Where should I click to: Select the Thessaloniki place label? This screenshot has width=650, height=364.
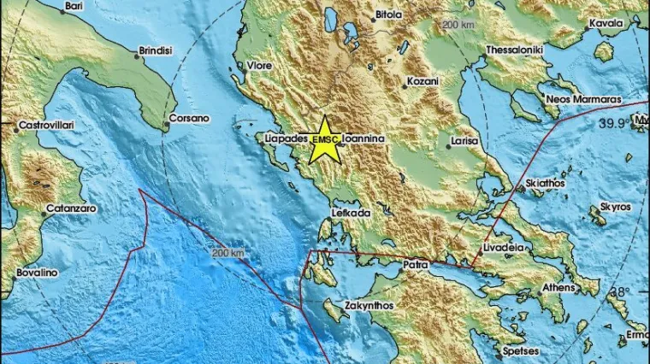515,50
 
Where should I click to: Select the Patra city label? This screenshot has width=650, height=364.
416,266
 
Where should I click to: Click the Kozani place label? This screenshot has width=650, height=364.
422,82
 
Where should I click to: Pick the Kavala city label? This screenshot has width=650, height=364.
606,24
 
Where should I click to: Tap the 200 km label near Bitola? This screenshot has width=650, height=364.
458,25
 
